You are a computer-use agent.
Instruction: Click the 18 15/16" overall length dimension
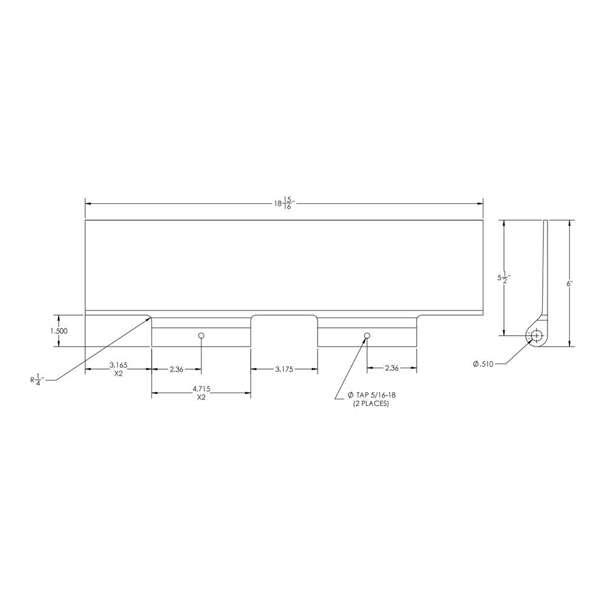coord(284,203)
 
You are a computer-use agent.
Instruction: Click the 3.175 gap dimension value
coord(284,368)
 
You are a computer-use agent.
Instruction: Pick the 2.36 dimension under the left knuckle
coord(176,368)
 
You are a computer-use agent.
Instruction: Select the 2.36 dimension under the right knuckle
coord(391,368)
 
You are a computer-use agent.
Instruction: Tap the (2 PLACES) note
coord(371,403)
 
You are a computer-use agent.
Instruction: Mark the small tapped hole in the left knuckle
coord(201,336)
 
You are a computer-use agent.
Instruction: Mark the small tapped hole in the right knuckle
coord(367,336)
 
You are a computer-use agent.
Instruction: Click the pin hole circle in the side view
coord(535,335)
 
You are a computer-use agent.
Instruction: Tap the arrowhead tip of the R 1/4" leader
coord(151,315)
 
